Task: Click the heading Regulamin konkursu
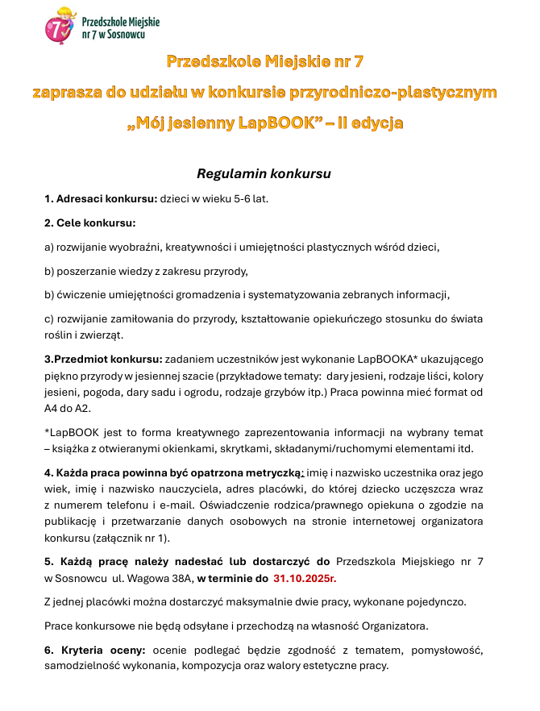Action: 264,173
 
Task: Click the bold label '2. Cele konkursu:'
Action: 90,222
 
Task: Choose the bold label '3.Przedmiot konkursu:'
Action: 103,359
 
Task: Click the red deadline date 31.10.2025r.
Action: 305,578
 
